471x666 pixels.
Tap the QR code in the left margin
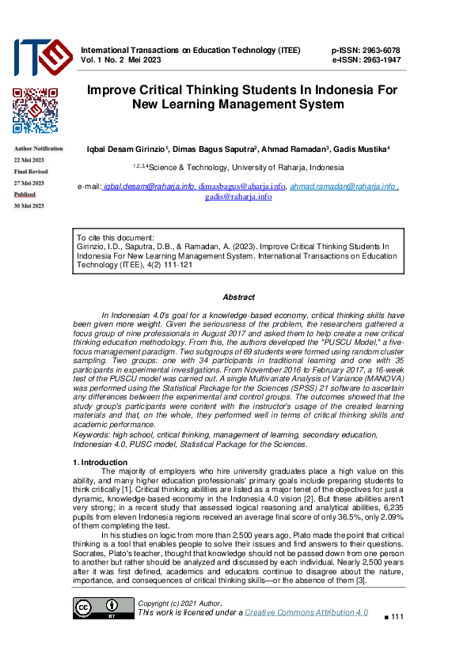pos(35,111)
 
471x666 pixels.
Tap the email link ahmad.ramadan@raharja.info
pos(342,187)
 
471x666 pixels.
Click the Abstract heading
pos(238,297)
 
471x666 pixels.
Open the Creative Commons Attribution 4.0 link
pos(306,612)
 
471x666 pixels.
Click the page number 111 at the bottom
pos(397,617)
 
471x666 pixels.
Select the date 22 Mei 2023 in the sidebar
pos(29,160)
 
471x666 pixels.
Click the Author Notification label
pos(38,149)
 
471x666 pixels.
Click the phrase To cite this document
pos(115,237)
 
